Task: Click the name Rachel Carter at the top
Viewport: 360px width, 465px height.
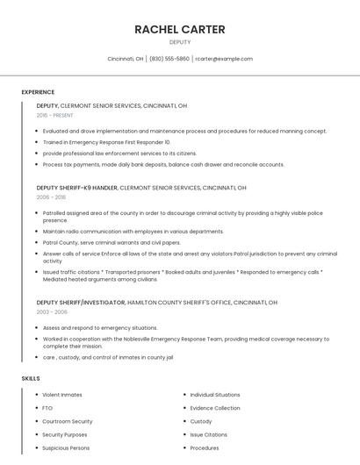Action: pyautogui.click(x=180, y=29)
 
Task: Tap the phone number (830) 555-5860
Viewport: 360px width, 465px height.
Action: pyautogui.click(x=169, y=59)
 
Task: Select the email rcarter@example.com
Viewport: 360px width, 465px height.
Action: pyautogui.click(x=224, y=59)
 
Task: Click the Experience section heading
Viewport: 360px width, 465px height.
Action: pyautogui.click(x=38, y=92)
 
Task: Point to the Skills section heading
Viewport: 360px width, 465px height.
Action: pyautogui.click(x=30, y=378)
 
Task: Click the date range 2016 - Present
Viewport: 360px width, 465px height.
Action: pyautogui.click(x=55, y=115)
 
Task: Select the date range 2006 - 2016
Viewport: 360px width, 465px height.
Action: pyautogui.click(x=51, y=197)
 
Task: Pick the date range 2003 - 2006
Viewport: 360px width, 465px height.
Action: pyautogui.click(x=52, y=311)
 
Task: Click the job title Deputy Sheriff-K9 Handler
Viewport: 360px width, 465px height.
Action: pyautogui.click(x=76, y=187)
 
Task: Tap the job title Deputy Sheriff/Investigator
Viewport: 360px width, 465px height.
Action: pyautogui.click(x=81, y=302)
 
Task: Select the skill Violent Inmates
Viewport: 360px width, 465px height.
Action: pyautogui.click(x=62, y=395)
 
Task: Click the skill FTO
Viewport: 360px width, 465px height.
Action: pyautogui.click(x=47, y=408)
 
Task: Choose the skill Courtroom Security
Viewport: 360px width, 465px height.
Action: pyautogui.click(x=67, y=421)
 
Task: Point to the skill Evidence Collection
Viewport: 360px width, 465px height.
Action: pyautogui.click(x=215, y=408)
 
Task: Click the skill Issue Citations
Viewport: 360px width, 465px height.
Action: pyautogui.click(x=209, y=434)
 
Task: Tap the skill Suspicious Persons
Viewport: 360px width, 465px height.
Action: pyautogui.click(x=66, y=447)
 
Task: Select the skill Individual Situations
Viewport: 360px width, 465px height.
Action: pyautogui.click(x=216, y=395)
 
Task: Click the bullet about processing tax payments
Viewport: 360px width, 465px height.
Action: pyautogui.click(x=163, y=164)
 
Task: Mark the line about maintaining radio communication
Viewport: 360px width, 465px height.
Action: pyautogui.click(x=133, y=231)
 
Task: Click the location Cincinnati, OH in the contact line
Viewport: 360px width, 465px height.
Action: pyautogui.click(x=126, y=59)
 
